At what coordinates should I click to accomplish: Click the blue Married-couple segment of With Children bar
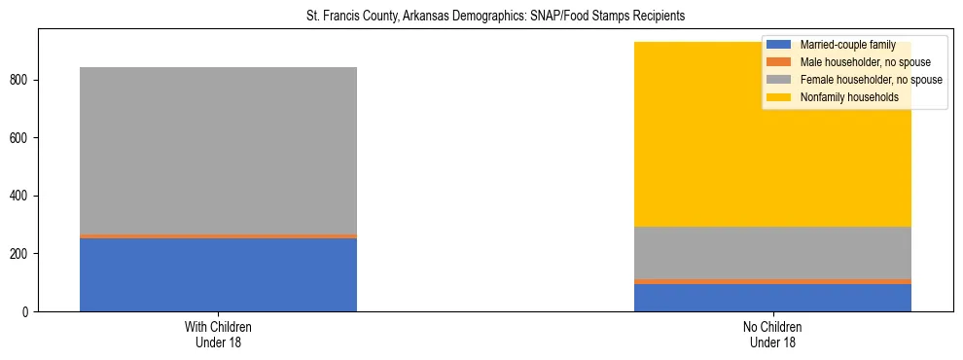[x=218, y=274]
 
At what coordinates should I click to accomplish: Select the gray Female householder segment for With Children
[x=218, y=151]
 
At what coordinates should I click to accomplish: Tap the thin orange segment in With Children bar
[x=218, y=236]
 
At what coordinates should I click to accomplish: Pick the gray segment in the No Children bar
[x=772, y=253]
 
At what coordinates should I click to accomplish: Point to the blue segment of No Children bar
[x=772, y=298]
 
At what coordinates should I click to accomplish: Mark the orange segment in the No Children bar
[x=772, y=281]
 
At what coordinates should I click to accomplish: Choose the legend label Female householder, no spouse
[x=871, y=80]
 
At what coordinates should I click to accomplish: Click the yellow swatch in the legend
[x=779, y=97]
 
